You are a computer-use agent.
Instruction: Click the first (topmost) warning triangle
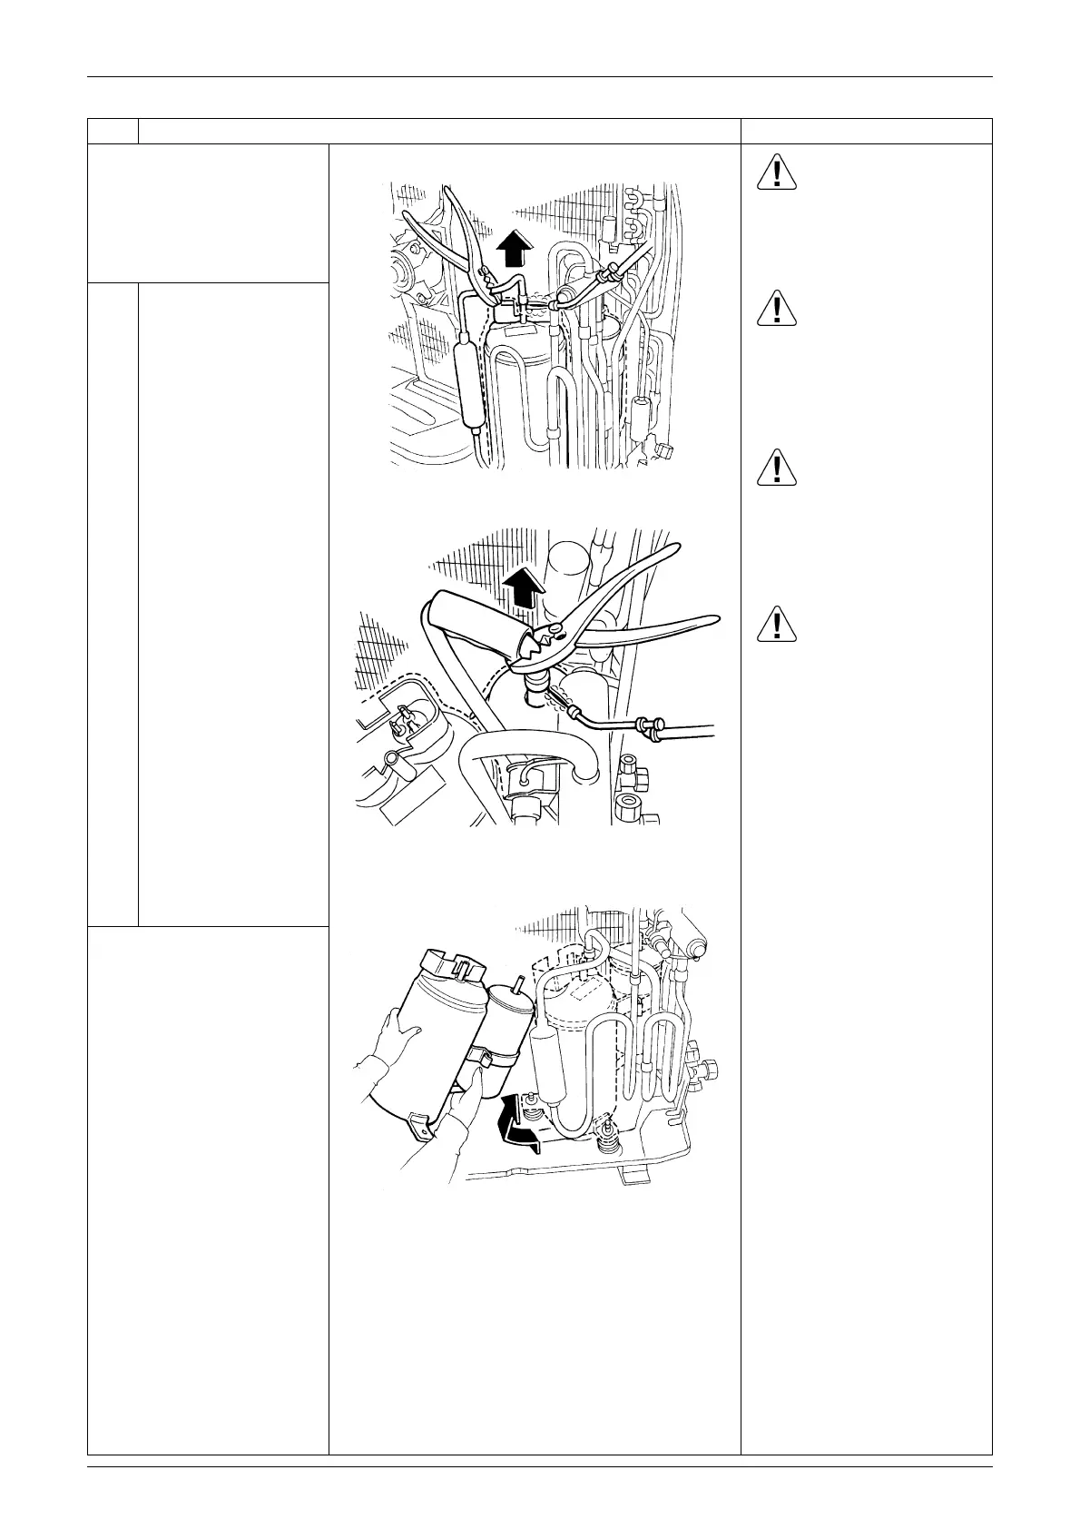point(778,173)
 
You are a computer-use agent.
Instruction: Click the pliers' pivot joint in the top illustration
point(486,271)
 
